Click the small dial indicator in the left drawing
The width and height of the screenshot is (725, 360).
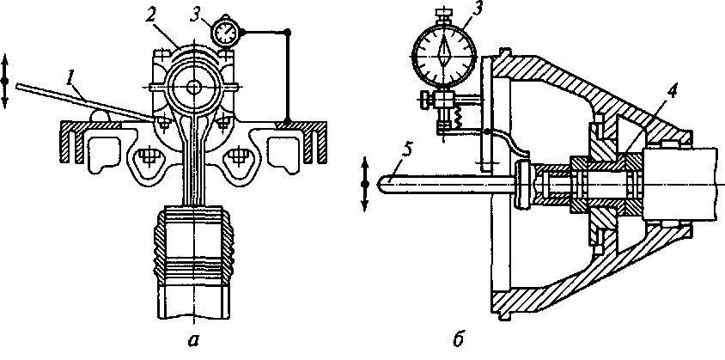[226, 31]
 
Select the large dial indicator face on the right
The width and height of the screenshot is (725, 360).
[444, 52]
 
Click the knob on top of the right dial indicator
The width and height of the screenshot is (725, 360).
[444, 11]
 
